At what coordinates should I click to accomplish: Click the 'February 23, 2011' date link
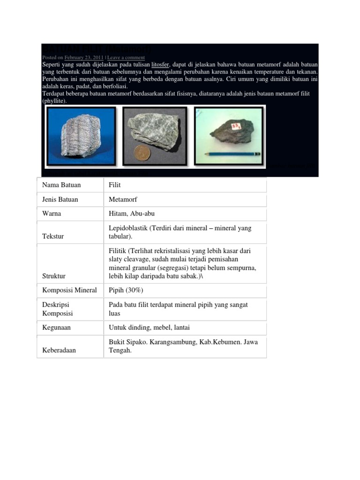coord(84,58)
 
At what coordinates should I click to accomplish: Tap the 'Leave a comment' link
coord(126,58)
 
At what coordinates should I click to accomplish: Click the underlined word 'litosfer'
coord(160,64)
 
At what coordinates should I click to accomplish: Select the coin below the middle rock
coord(140,153)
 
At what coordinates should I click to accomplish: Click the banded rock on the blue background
coord(81,135)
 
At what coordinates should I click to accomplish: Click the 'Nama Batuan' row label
coord(61,185)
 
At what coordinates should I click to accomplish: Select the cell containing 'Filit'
coord(115,185)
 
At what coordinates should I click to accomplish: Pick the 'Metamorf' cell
coord(123,199)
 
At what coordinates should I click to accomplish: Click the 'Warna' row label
coord(52,214)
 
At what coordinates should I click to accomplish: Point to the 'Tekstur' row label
coord(53,237)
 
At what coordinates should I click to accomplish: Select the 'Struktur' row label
coord(54,276)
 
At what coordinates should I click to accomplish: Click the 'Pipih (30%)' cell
coord(126,290)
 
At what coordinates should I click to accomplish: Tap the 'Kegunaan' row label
coord(56,328)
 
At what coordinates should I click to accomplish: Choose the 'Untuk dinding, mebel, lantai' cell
coord(149,328)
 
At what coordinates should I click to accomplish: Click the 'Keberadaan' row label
coord(59,350)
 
